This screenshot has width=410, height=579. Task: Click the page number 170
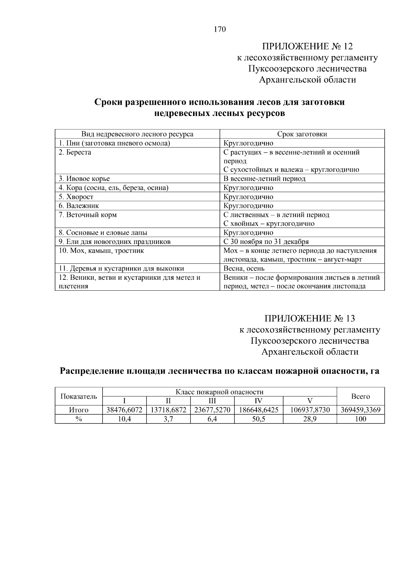pyautogui.click(x=220, y=29)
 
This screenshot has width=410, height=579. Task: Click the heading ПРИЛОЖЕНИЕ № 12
pyautogui.click(x=307, y=46)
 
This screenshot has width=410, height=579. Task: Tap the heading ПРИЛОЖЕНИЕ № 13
pyautogui.click(x=310, y=319)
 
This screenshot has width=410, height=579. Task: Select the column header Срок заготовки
pyautogui.click(x=302, y=134)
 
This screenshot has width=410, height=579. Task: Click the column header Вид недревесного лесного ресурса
pyautogui.click(x=137, y=134)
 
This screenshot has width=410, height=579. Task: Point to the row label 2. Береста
pyautogui.click(x=75, y=152)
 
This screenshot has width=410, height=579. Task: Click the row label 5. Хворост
pyautogui.click(x=76, y=197)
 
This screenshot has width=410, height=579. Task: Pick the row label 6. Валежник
pyautogui.click(x=79, y=206)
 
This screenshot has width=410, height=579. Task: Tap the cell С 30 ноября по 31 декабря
pyautogui.click(x=266, y=242)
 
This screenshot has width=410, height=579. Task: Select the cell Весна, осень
pyautogui.click(x=244, y=269)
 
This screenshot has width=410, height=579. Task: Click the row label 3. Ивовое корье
pyautogui.click(x=84, y=179)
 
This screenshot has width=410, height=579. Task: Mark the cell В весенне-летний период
pyautogui.click(x=264, y=179)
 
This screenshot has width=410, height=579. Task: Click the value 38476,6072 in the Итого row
pyautogui.click(x=124, y=410)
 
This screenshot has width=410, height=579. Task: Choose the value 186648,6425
pyautogui.click(x=259, y=410)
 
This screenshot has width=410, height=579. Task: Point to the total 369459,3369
pyautogui.click(x=360, y=410)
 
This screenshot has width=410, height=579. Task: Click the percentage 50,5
pyautogui.click(x=259, y=419)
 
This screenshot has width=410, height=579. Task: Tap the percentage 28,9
pyautogui.click(x=310, y=419)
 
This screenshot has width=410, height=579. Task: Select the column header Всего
pyautogui.click(x=360, y=396)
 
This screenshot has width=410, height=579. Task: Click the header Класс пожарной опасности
pyautogui.click(x=219, y=392)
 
